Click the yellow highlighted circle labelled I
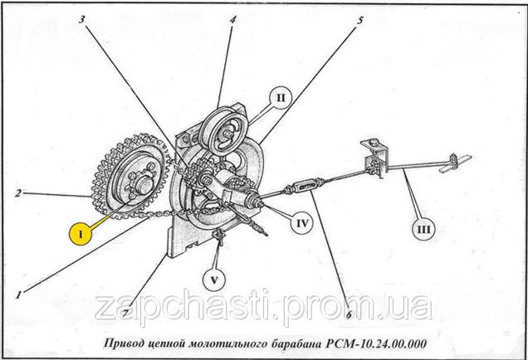point(81,233)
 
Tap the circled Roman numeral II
point(281,98)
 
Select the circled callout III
point(423,230)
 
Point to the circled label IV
point(302,223)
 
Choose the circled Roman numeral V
point(214,280)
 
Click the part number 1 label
point(18,295)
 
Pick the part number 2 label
point(18,193)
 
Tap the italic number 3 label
point(82,20)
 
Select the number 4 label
point(232,20)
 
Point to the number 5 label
point(360,20)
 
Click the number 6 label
point(349,314)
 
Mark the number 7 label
point(125,314)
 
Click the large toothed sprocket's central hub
point(142,183)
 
